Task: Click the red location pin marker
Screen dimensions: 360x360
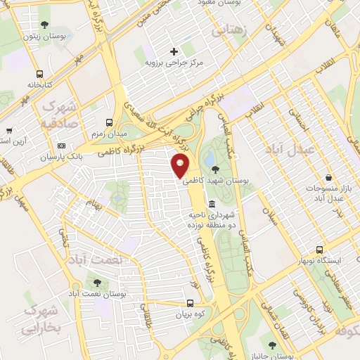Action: click(x=181, y=167)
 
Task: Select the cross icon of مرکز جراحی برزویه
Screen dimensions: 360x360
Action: click(x=174, y=51)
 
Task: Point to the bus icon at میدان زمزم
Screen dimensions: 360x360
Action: click(x=108, y=122)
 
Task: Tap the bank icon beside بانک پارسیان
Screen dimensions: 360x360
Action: click(x=61, y=146)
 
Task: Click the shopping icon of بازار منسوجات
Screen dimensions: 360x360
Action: click(x=328, y=179)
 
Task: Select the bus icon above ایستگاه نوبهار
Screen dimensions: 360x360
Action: click(x=320, y=250)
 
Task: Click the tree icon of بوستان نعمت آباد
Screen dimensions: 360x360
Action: click(x=95, y=283)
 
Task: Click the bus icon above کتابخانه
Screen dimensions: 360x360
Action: click(x=39, y=73)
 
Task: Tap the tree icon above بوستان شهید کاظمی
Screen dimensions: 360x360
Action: click(x=214, y=169)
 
